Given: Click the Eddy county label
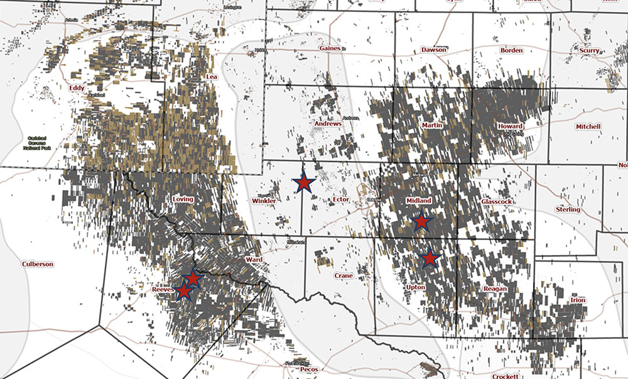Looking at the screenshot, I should [x=77, y=88].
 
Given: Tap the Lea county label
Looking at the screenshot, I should [x=212, y=77].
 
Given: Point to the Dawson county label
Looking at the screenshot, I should [x=434, y=49].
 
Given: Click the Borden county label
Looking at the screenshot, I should [x=511, y=50].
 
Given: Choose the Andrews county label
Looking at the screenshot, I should [x=328, y=124].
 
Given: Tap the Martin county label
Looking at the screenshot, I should [x=432, y=126].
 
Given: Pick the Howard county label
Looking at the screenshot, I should [x=510, y=126].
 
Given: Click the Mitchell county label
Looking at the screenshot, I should [x=588, y=126].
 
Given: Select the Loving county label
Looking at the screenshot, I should [x=183, y=199].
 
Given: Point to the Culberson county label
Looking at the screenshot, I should [x=38, y=264].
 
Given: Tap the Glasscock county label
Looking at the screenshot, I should [x=497, y=201].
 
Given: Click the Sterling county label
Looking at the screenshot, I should [x=568, y=209].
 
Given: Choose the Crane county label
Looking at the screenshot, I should [x=344, y=275].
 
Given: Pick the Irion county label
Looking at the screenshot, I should [x=578, y=300].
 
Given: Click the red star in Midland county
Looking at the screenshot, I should [x=421, y=221].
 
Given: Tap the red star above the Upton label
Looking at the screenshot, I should [x=430, y=258].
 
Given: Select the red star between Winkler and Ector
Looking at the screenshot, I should [x=304, y=183].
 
